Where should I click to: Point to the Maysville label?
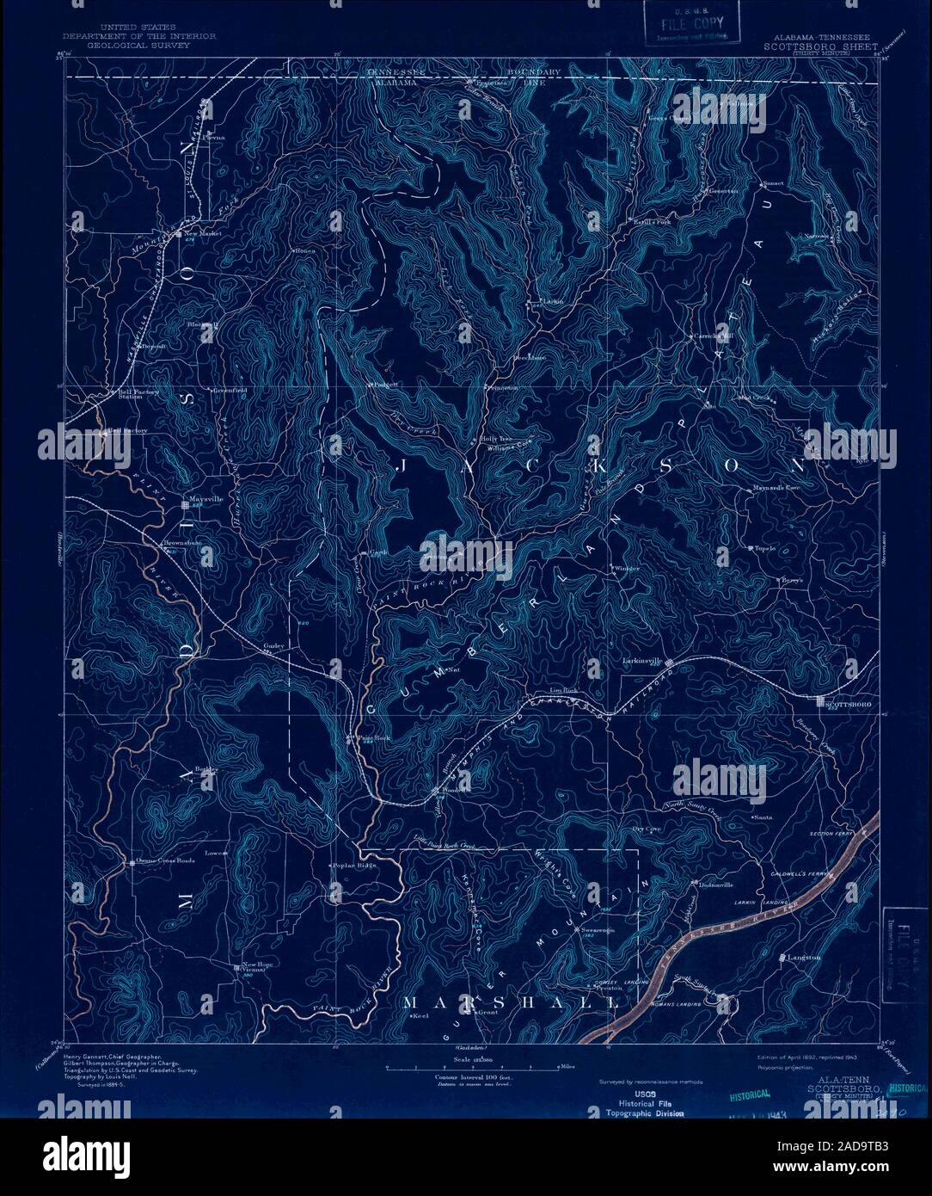point(205,499)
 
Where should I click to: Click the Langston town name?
point(804,957)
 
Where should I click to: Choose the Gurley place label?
point(273,644)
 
